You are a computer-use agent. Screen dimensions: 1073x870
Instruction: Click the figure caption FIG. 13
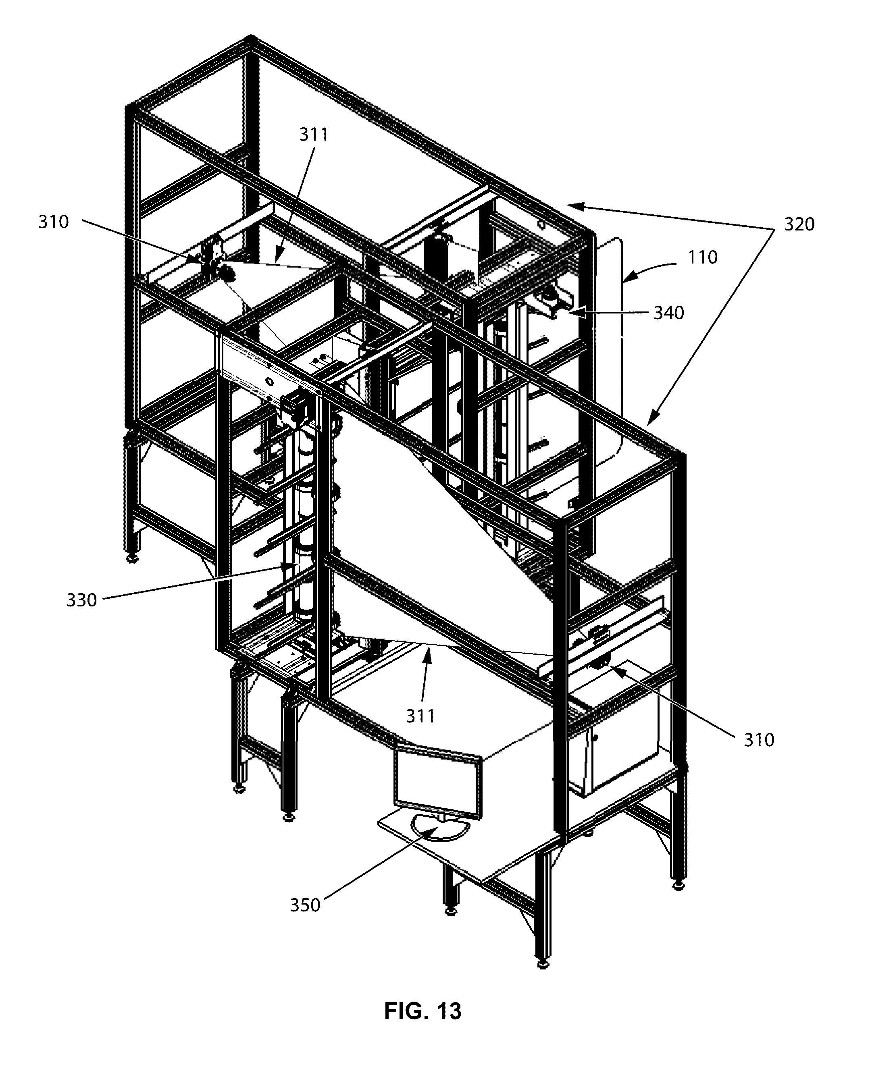(x=423, y=1011)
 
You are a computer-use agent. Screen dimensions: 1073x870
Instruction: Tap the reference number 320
(x=799, y=224)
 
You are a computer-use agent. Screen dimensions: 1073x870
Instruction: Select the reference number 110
(x=702, y=257)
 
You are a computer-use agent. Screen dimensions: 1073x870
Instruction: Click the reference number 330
(x=81, y=600)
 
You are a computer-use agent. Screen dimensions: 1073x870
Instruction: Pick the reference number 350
(x=305, y=905)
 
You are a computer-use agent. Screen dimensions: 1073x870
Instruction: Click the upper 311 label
(x=314, y=135)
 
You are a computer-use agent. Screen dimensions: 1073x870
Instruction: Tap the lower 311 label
(x=420, y=716)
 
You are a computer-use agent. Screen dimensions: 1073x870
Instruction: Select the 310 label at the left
(x=54, y=222)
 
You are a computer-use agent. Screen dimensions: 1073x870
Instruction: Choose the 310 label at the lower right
(x=759, y=740)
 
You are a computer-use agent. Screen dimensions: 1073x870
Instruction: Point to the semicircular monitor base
(x=441, y=828)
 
